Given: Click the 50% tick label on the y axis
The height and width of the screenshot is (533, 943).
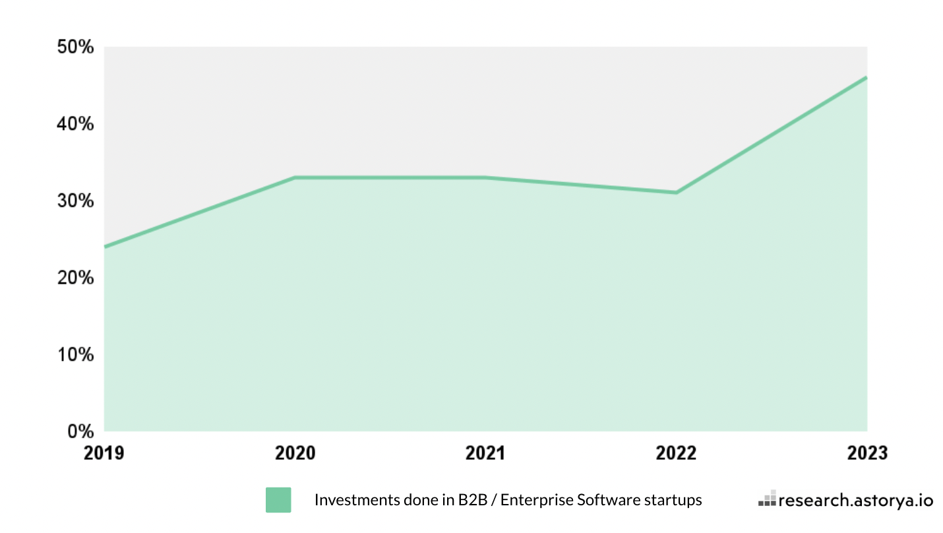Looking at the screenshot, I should [76, 47].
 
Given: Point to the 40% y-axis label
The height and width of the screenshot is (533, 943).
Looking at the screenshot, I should [76, 124].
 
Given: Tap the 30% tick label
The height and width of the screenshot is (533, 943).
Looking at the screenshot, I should [76, 201].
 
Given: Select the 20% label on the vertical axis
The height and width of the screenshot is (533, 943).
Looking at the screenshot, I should [76, 278].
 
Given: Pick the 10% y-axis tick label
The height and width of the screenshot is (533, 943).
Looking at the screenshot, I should [76, 355].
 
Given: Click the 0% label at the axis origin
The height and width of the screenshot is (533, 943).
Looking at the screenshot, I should [81, 431].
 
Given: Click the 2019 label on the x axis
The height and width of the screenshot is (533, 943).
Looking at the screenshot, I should [104, 453].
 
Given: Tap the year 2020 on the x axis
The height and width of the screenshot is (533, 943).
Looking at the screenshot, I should [295, 453].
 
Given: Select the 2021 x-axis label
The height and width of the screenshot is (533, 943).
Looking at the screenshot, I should [485, 453].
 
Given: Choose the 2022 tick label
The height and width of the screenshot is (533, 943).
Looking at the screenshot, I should [676, 453].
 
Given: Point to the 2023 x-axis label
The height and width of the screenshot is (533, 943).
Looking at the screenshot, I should [867, 453].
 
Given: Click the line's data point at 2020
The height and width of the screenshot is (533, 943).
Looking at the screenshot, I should [295, 178].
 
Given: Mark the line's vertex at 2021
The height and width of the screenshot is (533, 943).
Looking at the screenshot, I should [485, 177].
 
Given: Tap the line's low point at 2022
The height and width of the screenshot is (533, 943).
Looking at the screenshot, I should [676, 193].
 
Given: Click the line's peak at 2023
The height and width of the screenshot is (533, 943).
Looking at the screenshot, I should [866, 78].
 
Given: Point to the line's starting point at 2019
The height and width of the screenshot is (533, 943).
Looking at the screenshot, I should [106, 247].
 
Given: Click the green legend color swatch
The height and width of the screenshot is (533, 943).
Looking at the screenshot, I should [278, 500].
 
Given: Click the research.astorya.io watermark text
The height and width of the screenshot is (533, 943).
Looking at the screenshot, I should [856, 501].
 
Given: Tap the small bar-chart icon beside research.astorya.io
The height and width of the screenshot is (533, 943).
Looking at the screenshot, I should [767, 499].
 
